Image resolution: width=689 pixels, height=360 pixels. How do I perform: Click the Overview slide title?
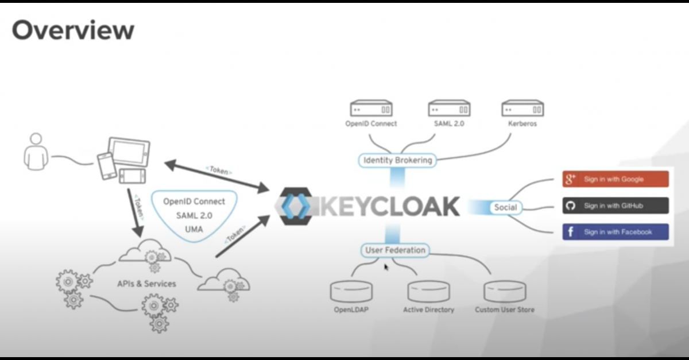pyautogui.click(x=73, y=30)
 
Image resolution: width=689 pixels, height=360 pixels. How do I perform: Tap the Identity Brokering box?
pyautogui.click(x=397, y=160)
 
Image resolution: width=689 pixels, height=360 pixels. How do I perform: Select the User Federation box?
pyautogui.click(x=396, y=250)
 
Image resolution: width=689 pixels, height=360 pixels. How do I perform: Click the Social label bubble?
pyautogui.click(x=505, y=207)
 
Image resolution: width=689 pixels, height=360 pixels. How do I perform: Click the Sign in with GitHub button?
pyautogui.click(x=616, y=206)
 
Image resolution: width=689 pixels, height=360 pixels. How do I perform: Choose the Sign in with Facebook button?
pyautogui.click(x=616, y=232)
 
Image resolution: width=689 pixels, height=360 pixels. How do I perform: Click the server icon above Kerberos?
pyautogui.click(x=522, y=109)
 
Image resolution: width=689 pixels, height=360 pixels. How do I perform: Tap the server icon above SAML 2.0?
pyautogui.click(x=449, y=109)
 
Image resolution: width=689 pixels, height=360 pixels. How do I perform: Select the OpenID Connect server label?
pyautogui.click(x=371, y=123)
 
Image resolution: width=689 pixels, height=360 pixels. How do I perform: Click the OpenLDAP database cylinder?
pyautogui.click(x=351, y=291)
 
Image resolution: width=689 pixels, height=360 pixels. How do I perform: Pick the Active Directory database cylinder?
pyautogui.click(x=428, y=291)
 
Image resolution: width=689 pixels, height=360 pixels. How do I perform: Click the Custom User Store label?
pyautogui.click(x=504, y=310)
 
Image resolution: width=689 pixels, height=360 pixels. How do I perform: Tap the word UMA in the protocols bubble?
pyautogui.click(x=194, y=229)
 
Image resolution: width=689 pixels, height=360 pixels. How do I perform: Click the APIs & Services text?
pyautogui.click(x=146, y=284)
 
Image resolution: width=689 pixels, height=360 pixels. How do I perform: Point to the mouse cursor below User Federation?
pyautogui.click(x=386, y=266)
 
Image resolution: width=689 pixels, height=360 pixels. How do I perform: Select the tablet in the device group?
pyautogui.click(x=130, y=152)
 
